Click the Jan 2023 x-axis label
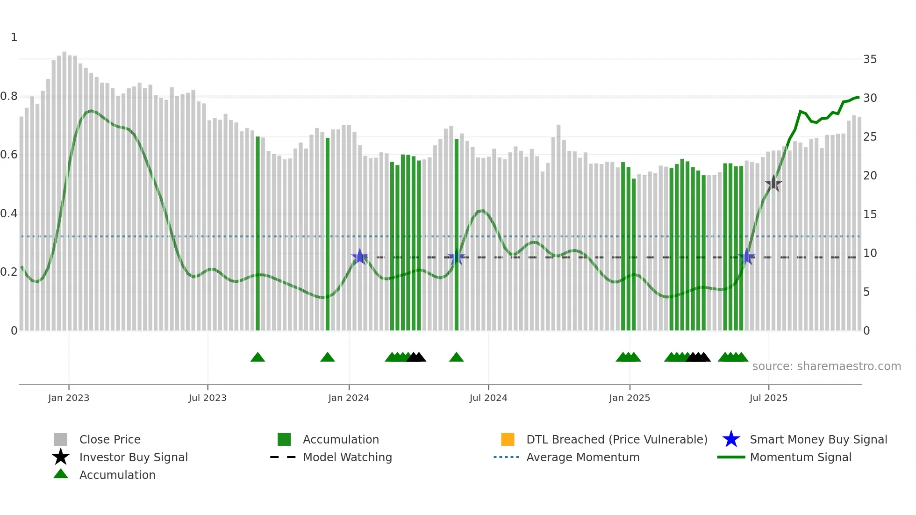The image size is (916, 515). (x=69, y=398)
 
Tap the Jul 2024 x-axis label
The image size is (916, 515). (x=488, y=398)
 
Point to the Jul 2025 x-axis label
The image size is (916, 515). (x=768, y=398)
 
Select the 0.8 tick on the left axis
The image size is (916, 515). (x=9, y=96)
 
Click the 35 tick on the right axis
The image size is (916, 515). (x=870, y=59)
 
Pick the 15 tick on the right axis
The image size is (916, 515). (x=870, y=215)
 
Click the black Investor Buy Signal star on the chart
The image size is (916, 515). (x=773, y=184)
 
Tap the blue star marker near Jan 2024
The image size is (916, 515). (x=359, y=257)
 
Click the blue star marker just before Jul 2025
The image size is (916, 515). (x=747, y=257)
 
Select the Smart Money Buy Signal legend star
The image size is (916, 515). (x=731, y=439)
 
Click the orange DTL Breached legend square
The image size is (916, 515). (x=508, y=439)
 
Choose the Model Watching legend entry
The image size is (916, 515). (x=347, y=457)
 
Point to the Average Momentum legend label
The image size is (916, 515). (x=583, y=457)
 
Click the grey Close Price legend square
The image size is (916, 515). (x=61, y=439)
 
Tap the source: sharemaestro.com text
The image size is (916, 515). (x=826, y=366)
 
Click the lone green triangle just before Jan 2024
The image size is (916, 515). (x=328, y=358)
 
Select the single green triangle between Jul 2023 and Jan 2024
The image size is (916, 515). (x=258, y=358)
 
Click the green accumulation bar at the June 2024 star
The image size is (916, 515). (x=457, y=234)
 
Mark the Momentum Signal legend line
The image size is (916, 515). (x=731, y=457)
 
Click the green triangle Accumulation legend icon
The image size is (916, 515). (x=61, y=474)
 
